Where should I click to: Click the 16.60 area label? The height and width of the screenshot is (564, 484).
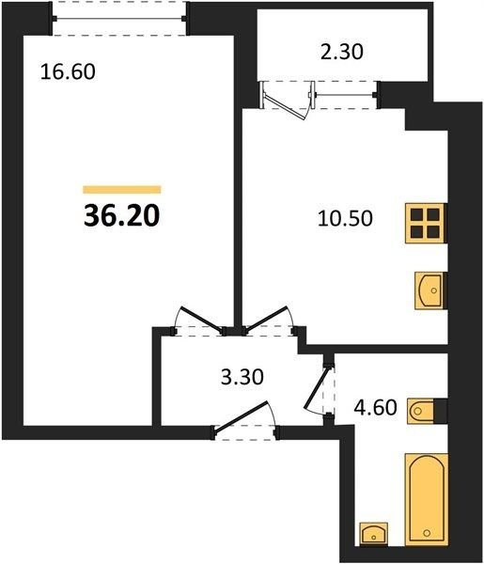pyautogui.click(x=68, y=71)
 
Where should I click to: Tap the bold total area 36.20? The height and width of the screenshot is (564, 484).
pyautogui.click(x=121, y=216)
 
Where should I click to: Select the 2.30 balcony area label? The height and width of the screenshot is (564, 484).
pyautogui.click(x=342, y=51)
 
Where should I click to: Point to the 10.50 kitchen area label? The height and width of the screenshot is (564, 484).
pyautogui.click(x=345, y=218)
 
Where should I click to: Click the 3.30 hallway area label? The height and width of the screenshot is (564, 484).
pyautogui.click(x=242, y=377)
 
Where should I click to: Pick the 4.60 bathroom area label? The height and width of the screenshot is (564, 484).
pyautogui.click(x=375, y=407)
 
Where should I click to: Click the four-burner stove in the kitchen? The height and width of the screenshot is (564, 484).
pyautogui.click(x=426, y=223)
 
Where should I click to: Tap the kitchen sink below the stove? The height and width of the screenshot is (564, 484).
pyautogui.click(x=430, y=290)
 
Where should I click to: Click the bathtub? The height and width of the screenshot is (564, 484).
pyautogui.click(x=427, y=504)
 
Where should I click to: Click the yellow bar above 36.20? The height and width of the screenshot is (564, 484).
pyautogui.click(x=122, y=189)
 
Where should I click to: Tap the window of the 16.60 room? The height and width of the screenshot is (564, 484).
pyautogui.click(x=119, y=19)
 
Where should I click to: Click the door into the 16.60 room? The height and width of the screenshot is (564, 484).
pyautogui.click(x=200, y=319)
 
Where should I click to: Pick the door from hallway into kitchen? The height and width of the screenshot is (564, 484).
pyautogui.click(x=267, y=318)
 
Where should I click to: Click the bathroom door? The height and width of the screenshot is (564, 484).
pyautogui.click(x=317, y=389)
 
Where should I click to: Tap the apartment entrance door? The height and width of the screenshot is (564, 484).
pyautogui.click(x=242, y=415)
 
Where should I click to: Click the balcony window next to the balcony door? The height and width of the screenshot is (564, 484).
pyautogui.click(x=345, y=95)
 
